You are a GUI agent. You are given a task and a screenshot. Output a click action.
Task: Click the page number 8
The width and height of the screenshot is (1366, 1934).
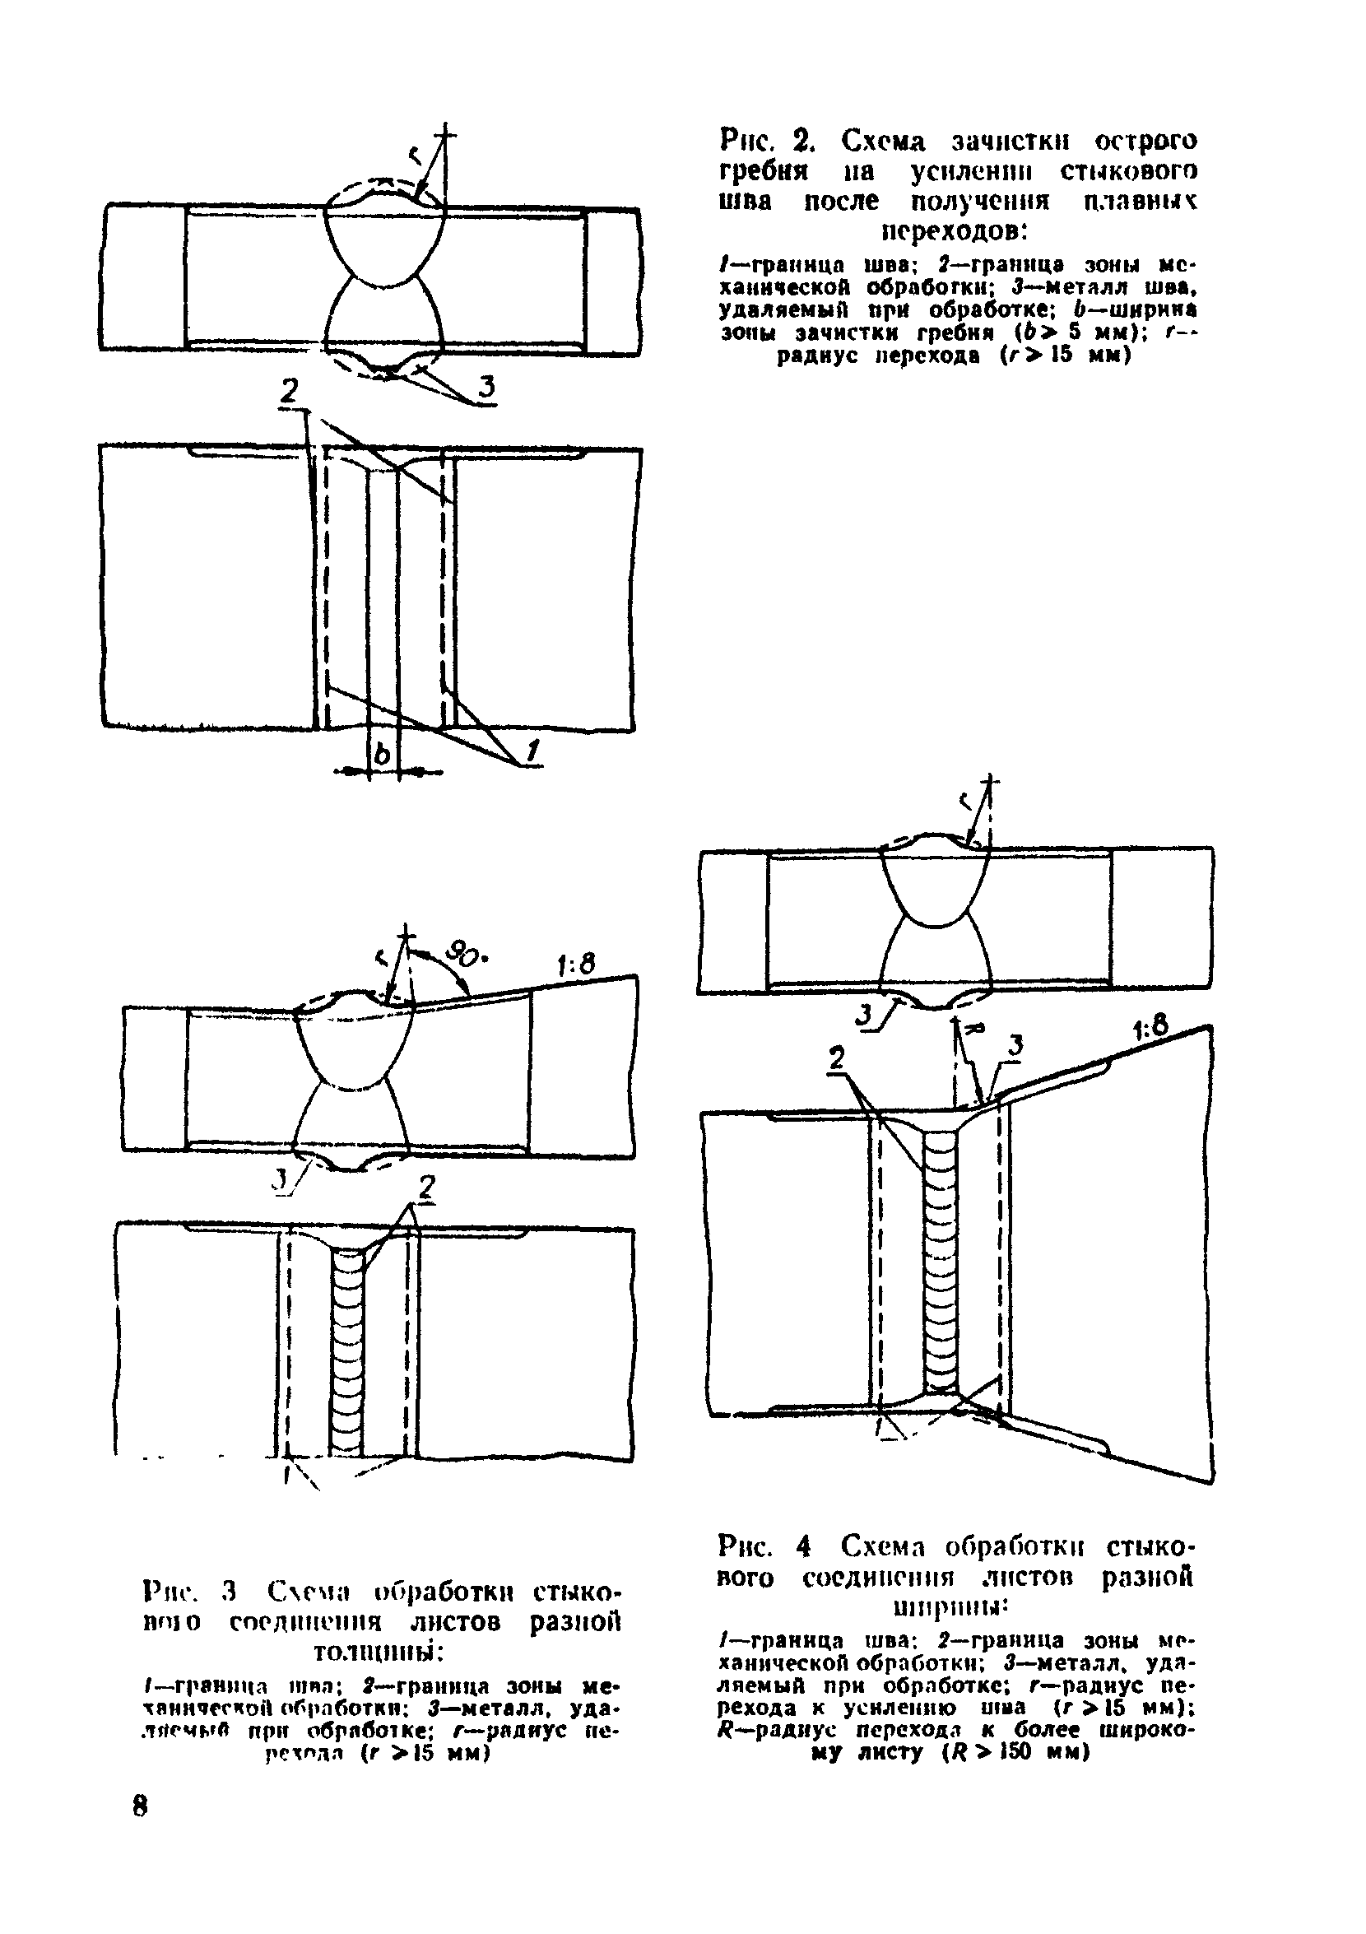tap(140, 1806)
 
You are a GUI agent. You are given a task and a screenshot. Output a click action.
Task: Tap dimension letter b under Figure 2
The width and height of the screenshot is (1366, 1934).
tap(383, 755)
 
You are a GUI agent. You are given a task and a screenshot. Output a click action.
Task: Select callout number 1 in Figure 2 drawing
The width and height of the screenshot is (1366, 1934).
tap(531, 752)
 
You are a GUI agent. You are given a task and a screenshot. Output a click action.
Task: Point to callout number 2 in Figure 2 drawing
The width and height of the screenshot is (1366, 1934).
tap(290, 393)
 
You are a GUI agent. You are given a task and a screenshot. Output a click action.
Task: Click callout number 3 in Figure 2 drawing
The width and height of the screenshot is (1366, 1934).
tap(486, 388)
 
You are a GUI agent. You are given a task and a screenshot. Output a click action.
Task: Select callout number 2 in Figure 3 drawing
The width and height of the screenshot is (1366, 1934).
tap(427, 1188)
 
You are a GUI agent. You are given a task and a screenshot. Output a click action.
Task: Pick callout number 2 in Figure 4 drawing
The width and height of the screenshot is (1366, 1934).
tap(836, 1059)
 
